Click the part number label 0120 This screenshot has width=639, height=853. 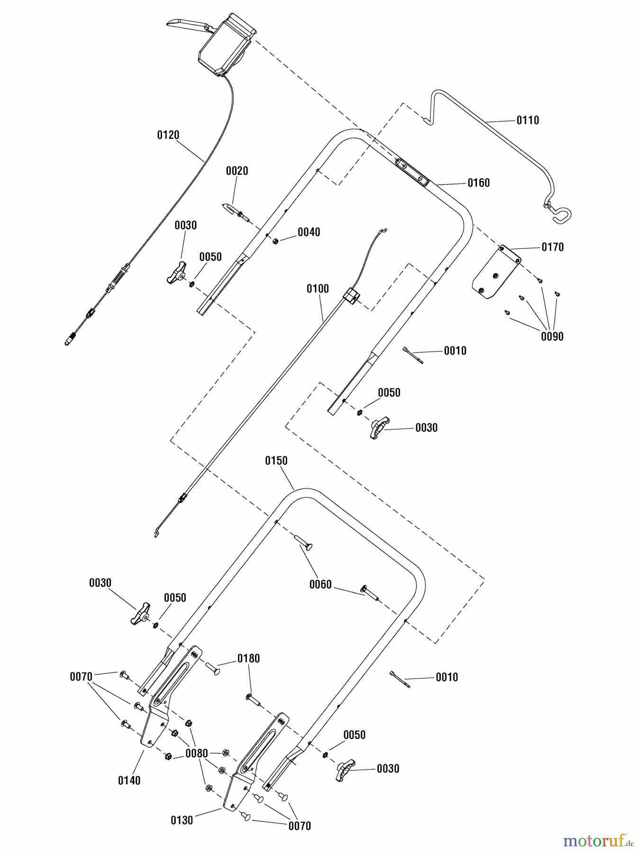click(x=168, y=135)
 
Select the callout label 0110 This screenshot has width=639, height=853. click(x=528, y=120)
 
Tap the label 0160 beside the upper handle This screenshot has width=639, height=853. click(x=478, y=183)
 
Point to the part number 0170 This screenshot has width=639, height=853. click(x=552, y=247)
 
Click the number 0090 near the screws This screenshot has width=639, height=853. click(x=552, y=336)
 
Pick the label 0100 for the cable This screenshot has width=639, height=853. click(x=317, y=289)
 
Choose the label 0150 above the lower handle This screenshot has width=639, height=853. click(x=276, y=461)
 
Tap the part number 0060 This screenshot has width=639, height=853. click(x=320, y=585)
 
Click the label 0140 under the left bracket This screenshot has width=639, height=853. click(x=129, y=780)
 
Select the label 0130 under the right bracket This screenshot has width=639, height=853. click(x=182, y=820)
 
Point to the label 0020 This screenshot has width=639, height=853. click(x=237, y=171)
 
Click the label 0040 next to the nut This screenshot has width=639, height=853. click(x=309, y=232)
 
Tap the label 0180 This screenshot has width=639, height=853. click(x=248, y=658)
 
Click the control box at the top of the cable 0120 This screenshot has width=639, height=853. click(x=227, y=45)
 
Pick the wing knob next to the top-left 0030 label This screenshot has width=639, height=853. click(x=176, y=272)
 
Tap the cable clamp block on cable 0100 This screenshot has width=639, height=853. click(x=351, y=297)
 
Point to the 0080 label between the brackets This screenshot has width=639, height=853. click(x=196, y=753)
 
